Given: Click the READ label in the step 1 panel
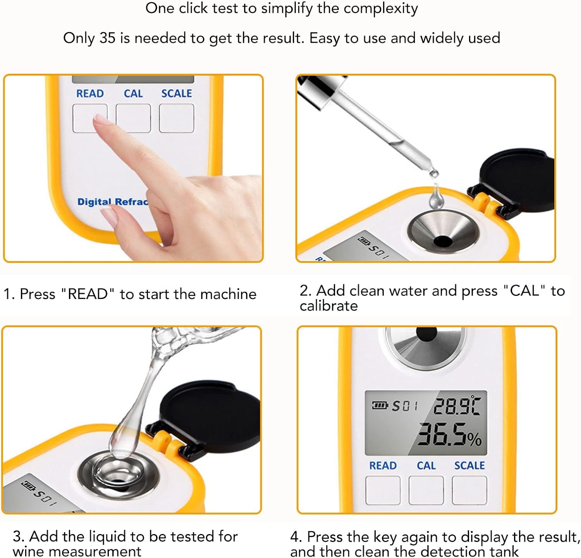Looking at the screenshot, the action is [90, 94].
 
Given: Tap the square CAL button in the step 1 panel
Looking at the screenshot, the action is [133, 118].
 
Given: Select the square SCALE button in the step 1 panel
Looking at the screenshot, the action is [177, 118].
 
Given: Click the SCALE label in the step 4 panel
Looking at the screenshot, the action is [469, 465].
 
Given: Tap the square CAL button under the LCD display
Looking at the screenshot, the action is [426, 490].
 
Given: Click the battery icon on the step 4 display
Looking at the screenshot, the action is [380, 405].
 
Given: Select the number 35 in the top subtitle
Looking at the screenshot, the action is [108, 38].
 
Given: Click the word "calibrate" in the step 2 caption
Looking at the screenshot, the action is [328, 306].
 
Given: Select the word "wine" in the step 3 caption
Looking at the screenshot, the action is [28, 551].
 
